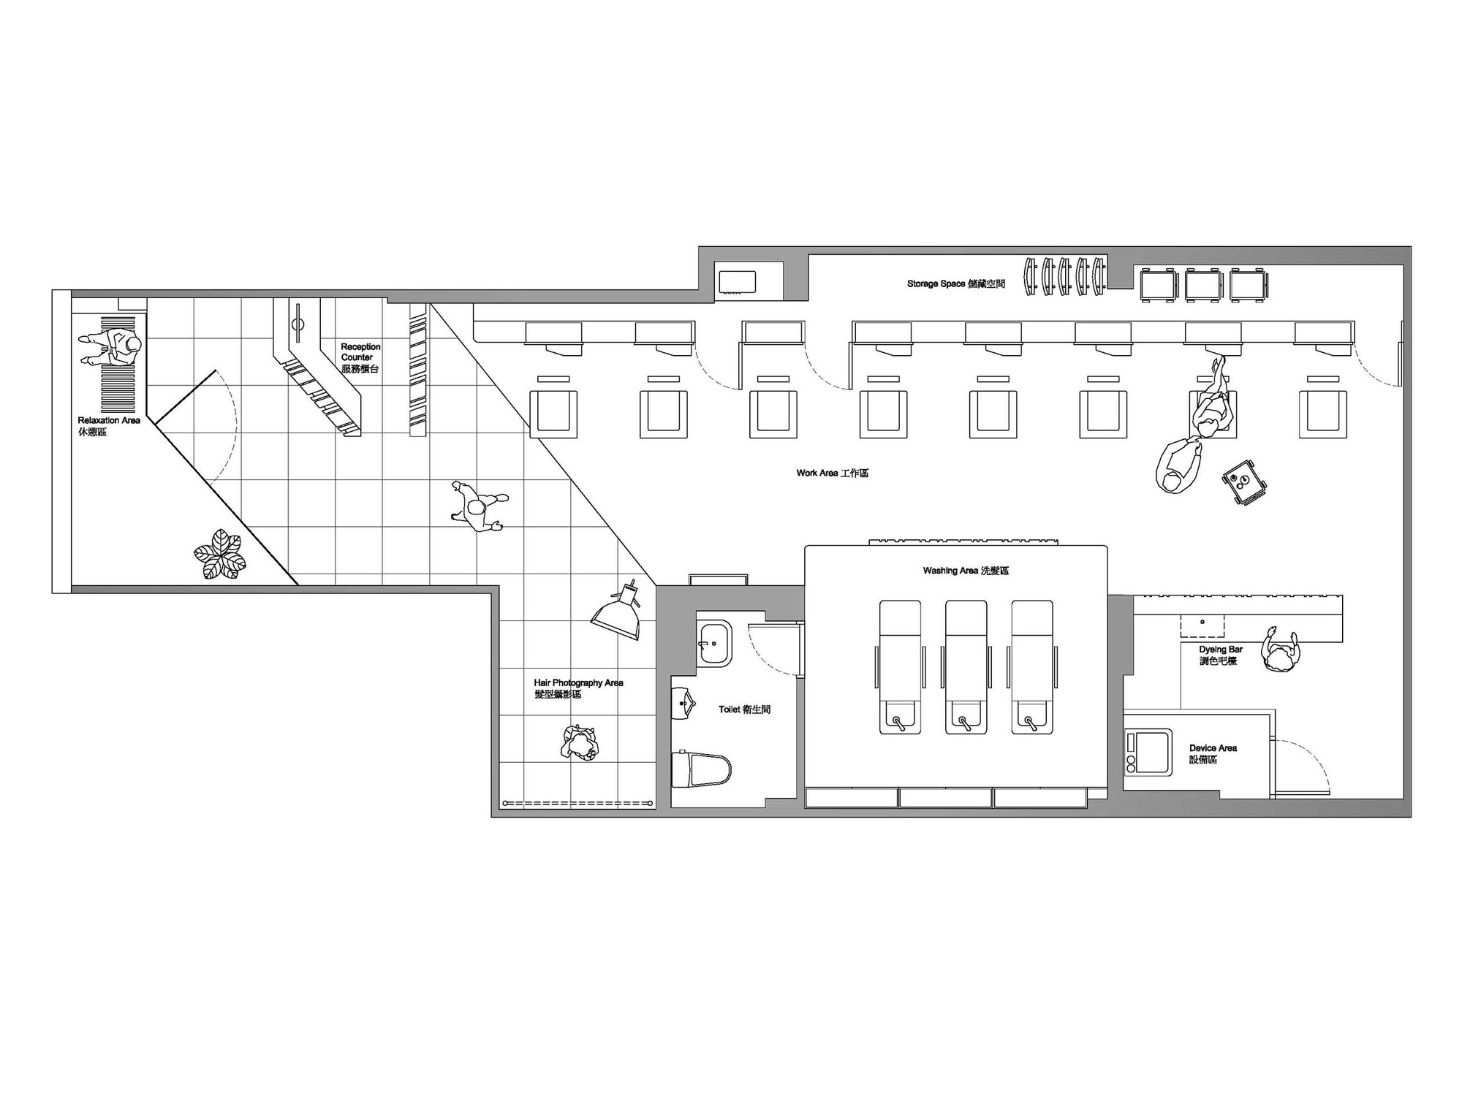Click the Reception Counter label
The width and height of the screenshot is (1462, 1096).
[360, 357]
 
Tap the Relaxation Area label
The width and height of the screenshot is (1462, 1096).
[108, 426]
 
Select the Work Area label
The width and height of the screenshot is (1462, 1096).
[832, 473]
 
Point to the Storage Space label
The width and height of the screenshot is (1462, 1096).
[955, 283]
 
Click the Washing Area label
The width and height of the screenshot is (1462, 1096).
[965, 571]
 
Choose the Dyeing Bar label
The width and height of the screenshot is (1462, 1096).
[1220, 655]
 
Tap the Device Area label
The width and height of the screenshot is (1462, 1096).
[1213, 753]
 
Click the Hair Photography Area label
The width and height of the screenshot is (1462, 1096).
[578, 688]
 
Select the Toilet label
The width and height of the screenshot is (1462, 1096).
[744, 709]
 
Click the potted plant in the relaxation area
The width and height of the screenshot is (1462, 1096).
[219, 555]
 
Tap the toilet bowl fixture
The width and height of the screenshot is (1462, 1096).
[701, 769]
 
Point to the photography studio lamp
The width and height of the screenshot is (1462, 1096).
[618, 612]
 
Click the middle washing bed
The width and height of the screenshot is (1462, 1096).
[966, 666]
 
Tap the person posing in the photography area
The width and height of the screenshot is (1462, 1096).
[580, 744]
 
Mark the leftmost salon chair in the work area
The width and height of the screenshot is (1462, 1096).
[553, 414]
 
